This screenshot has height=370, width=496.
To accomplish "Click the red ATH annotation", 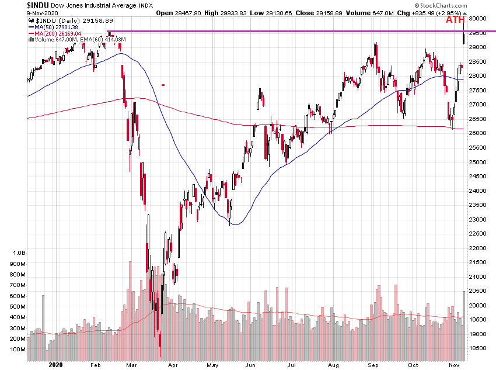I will pos(455,20).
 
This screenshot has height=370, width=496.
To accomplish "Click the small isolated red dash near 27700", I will pos(163,85).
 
